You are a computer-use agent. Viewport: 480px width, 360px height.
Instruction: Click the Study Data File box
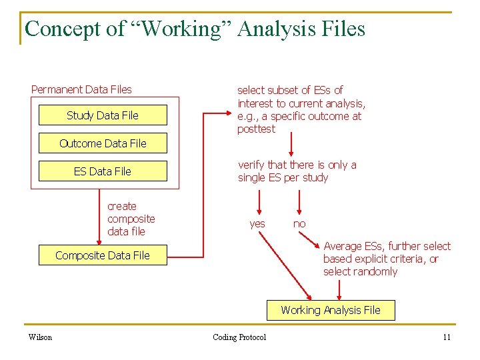pos(103,115)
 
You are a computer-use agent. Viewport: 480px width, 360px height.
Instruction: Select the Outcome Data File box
pos(103,143)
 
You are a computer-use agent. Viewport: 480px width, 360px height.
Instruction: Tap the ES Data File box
pos(103,171)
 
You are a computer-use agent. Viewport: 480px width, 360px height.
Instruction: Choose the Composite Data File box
pos(103,255)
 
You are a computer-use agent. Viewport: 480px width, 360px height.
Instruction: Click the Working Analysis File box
pos(331,310)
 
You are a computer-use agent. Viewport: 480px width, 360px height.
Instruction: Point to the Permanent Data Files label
pos(81,89)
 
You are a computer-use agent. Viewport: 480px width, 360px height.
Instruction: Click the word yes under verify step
pos(257,224)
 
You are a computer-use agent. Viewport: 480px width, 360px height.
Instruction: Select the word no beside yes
pos(299,224)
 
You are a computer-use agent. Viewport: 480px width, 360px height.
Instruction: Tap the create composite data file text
pos(131,219)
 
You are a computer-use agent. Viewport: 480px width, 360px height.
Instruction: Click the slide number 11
pos(447,337)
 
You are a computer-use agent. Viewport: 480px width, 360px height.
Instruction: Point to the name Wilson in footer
pos(40,337)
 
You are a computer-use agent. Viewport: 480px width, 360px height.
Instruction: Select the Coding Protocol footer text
pos(239,337)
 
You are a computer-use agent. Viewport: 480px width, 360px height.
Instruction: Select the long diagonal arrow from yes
pos(287,267)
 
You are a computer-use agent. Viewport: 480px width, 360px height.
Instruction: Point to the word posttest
pos(256,129)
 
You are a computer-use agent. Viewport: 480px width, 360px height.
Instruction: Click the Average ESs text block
pos(387,259)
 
